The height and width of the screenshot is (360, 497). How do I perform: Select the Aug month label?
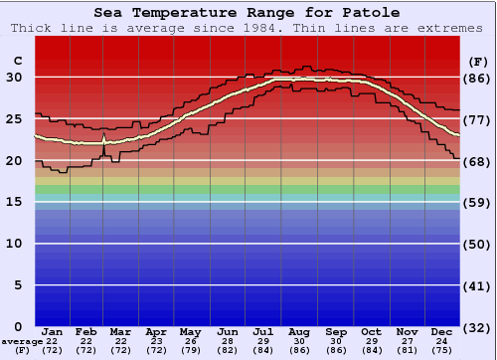tap(298, 332)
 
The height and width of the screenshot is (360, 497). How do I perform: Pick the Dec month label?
tap(442, 332)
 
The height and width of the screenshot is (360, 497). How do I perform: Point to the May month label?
tap(190, 332)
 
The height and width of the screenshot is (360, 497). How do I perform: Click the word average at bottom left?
tap(22, 341)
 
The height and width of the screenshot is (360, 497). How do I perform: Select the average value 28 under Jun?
tap(227, 341)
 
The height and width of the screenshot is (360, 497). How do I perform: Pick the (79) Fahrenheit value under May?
tap(190, 350)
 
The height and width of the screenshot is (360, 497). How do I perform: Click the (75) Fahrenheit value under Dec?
tap(442, 350)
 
